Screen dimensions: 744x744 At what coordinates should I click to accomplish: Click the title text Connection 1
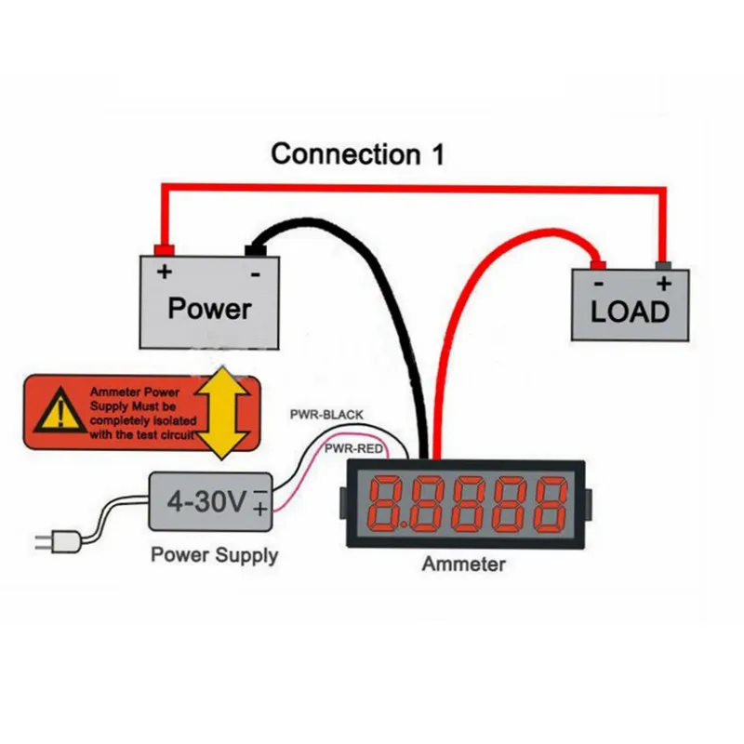point(357,153)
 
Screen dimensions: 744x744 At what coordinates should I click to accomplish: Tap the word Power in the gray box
point(209,309)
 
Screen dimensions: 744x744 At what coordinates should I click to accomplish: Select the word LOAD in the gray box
point(630,312)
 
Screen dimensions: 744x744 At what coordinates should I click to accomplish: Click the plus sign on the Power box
point(165,272)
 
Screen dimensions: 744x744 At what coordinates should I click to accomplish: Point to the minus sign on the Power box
point(254,273)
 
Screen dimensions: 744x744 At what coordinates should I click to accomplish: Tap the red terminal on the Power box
point(165,249)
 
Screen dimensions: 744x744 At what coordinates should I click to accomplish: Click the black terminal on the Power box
point(254,249)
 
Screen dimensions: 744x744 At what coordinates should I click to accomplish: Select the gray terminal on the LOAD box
point(662,264)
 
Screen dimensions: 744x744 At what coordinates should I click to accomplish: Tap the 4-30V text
point(206,502)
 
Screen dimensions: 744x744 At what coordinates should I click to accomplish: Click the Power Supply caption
point(214,556)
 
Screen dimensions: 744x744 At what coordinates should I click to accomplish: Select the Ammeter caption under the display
point(464,565)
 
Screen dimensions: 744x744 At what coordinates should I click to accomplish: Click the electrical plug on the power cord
point(46,541)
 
